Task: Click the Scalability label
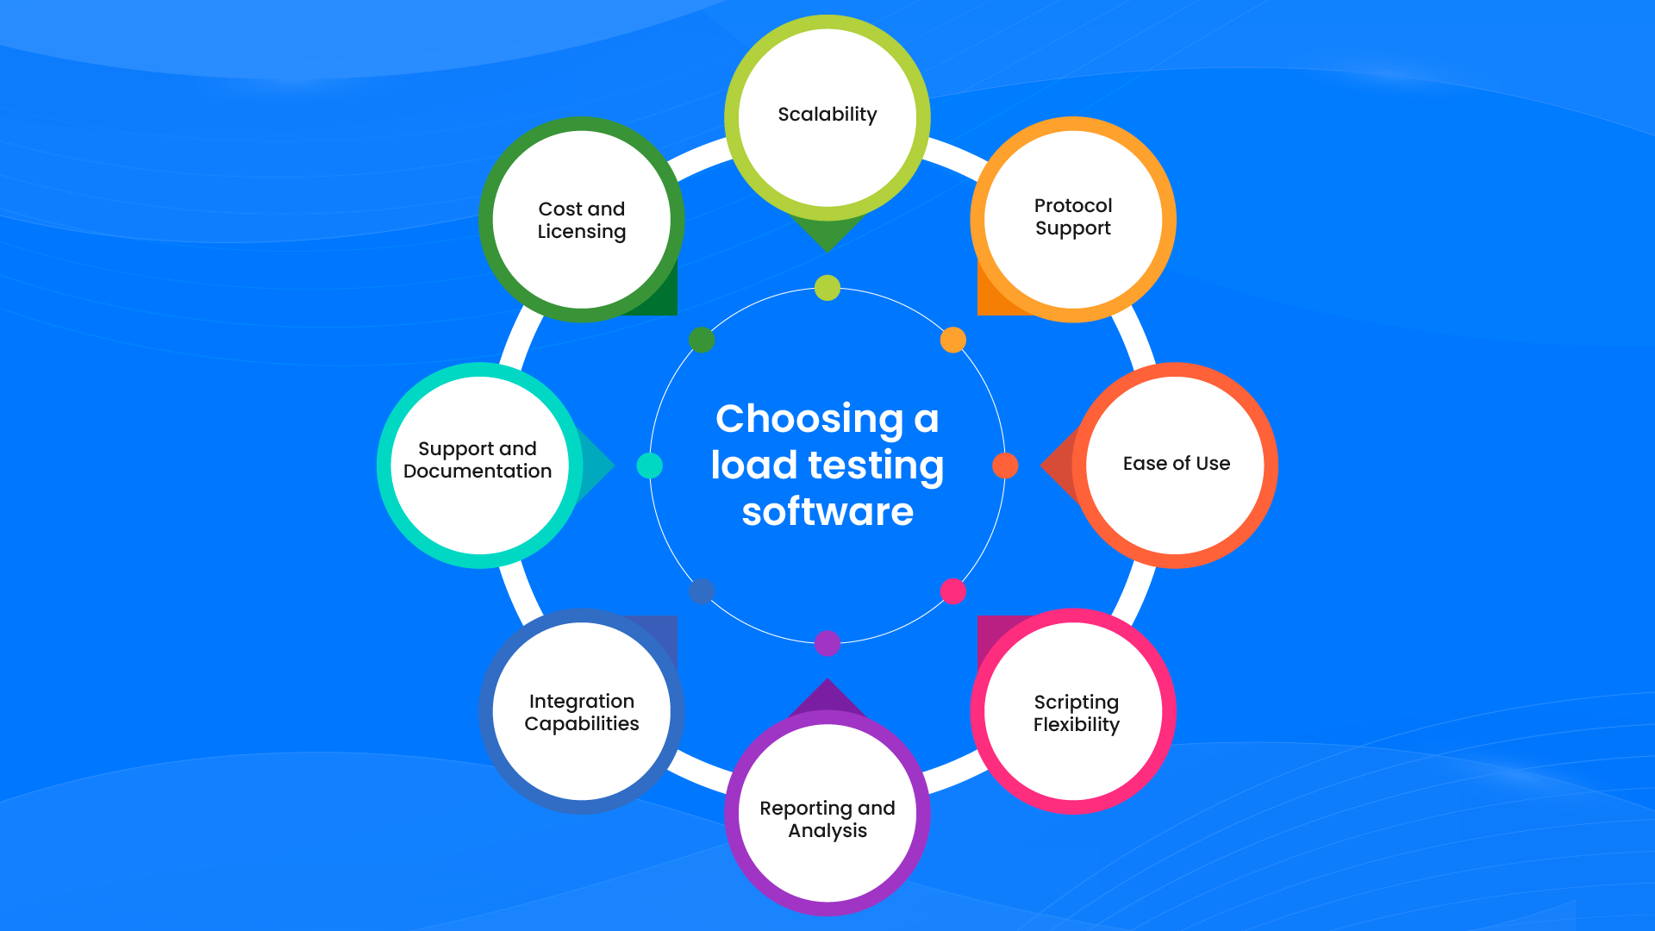pos(827,115)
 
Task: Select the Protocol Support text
pos(1072,217)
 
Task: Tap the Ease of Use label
pos(1176,464)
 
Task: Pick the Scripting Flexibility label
pos(1076,713)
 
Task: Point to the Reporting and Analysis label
pos(827,819)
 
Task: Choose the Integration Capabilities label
pos(582,713)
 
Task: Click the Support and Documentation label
pos(478,460)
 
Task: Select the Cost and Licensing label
pos(582,221)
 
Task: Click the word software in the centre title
pos(827,512)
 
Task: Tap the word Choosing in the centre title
pos(809,419)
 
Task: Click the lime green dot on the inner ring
pos(827,288)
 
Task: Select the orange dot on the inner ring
pos(952,340)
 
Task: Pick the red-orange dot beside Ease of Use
pos(1005,465)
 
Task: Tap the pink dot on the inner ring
pos(952,591)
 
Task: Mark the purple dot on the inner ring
pos(827,643)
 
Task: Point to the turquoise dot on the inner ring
pos(650,465)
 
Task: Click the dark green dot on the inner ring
pos(702,340)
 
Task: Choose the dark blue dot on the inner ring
pos(702,591)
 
